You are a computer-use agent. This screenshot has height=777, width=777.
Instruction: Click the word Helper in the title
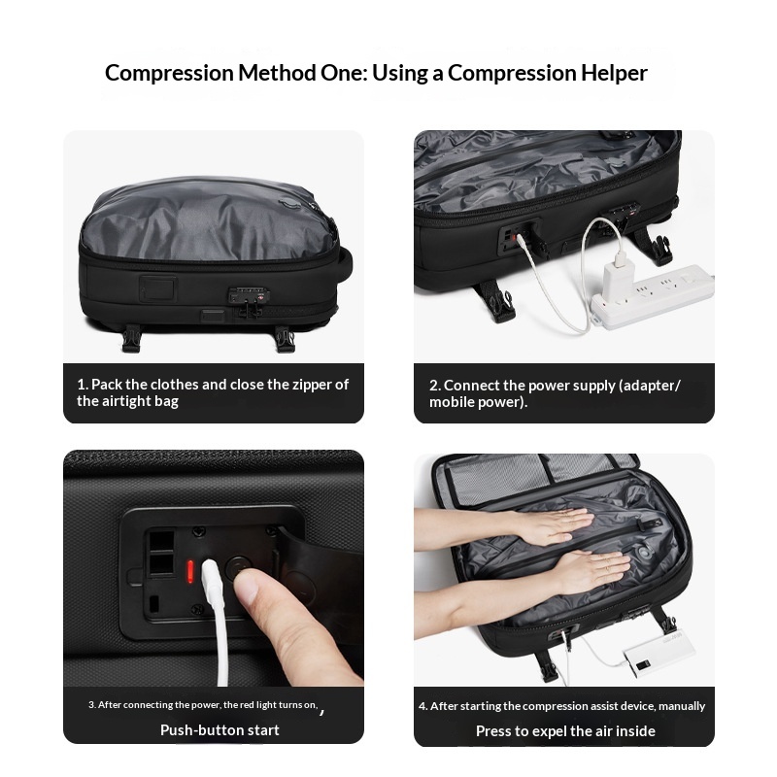point(614,73)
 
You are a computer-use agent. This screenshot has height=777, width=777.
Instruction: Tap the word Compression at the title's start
point(169,73)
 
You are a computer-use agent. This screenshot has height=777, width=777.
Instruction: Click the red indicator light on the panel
point(189,572)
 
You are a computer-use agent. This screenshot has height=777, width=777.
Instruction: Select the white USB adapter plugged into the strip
point(618,273)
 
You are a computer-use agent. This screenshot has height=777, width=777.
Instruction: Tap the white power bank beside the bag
point(659,651)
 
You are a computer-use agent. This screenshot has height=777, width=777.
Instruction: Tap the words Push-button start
point(220,730)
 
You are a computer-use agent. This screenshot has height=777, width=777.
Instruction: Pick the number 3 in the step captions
point(91,705)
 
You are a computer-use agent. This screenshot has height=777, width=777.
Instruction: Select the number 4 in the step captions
point(422,706)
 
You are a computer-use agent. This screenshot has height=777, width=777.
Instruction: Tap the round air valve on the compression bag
point(644,551)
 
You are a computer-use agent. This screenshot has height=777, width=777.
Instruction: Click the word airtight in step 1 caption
point(126,401)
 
